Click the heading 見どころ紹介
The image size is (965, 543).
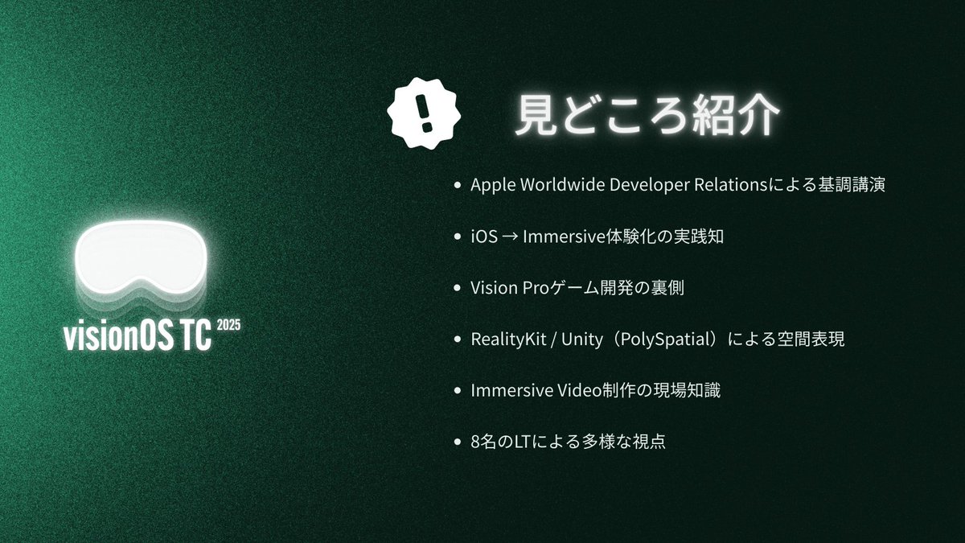click(x=647, y=117)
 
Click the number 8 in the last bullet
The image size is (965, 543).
click(x=475, y=442)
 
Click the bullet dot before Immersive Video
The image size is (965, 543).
click(x=458, y=391)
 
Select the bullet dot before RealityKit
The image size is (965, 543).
click(x=458, y=339)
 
